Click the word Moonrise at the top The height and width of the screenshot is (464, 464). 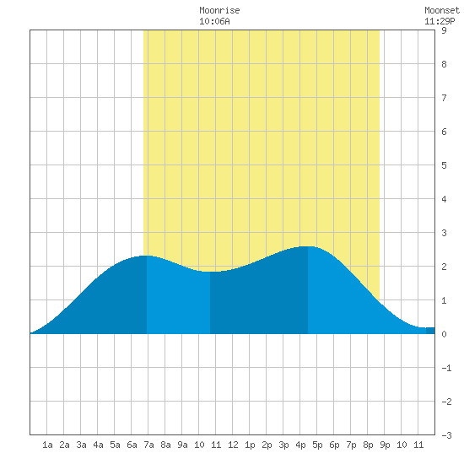tap(219, 10)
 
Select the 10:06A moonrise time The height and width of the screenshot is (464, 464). tap(214, 21)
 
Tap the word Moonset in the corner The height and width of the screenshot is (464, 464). tap(442, 10)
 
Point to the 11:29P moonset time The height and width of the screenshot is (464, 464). tap(440, 21)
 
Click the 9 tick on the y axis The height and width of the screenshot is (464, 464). tap(444, 30)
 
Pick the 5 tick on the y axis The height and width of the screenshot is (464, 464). tap(444, 165)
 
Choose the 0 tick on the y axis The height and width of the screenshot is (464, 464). tap(444, 334)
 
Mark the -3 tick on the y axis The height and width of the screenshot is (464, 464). tap(446, 435)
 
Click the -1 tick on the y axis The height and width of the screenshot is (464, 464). tap(446, 368)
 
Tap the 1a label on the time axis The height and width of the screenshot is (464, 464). tap(47, 445)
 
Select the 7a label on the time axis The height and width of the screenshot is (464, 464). tap(148, 445)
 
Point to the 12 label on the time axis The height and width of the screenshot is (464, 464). tap(233, 445)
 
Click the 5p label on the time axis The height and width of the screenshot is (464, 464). tap(317, 445)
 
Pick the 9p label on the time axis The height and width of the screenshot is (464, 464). tap(385, 445)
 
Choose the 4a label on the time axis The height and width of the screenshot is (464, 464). tap(98, 445)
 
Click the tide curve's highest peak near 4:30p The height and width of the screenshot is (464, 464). tap(308, 246)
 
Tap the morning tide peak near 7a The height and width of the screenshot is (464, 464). tap(147, 256)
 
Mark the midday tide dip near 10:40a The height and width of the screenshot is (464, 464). tap(210, 272)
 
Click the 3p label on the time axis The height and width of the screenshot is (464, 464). tap(283, 445)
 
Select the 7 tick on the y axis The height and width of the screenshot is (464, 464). tap(444, 98)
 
